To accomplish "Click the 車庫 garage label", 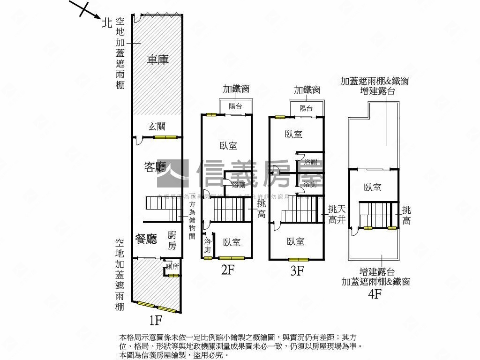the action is coord(157,60).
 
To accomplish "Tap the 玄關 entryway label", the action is coord(157,126).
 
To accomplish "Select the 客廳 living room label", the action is coord(155,167).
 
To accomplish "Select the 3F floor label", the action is coord(297,270).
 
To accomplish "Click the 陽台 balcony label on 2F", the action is coord(236,106).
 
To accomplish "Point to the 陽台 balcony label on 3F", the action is coord(306,108).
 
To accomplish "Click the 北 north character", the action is coord(107,23).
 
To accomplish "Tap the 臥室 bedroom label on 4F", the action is coord(373,187).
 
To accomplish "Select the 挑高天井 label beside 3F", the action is coord(337,214).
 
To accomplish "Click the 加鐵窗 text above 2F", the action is coord(236,89).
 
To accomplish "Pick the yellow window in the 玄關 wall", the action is coord(166,137).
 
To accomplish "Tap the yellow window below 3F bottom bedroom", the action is coord(298,259).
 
